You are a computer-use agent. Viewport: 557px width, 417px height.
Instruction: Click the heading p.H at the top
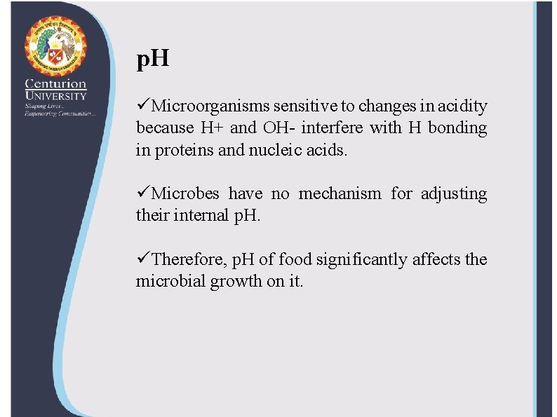[x=152, y=60]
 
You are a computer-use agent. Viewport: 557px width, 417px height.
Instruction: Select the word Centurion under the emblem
[x=55, y=83]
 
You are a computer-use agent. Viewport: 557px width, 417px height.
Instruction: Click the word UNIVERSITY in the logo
[x=55, y=96]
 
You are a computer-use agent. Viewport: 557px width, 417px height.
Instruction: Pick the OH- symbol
[x=279, y=128]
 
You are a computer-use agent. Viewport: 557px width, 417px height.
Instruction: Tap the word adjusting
[x=453, y=193]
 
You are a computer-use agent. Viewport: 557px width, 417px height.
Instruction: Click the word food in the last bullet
[x=295, y=259]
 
